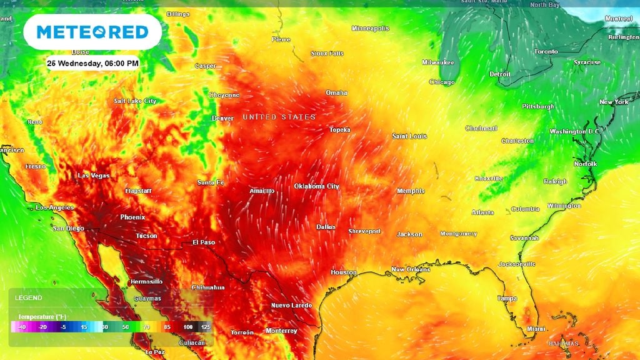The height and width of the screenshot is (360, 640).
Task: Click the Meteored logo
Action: [92, 32]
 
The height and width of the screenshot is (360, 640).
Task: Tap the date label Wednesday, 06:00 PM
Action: [92, 63]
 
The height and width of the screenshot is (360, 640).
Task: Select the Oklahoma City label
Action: [317, 186]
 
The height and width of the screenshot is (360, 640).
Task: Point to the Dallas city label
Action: [326, 227]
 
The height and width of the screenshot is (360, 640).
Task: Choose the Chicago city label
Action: [442, 82]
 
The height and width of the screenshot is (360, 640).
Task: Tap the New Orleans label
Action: [411, 269]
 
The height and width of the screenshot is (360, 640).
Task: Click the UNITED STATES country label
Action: [279, 117]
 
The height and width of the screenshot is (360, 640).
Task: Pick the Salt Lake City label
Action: [135, 101]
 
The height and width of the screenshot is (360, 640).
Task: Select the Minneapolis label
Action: [370, 29]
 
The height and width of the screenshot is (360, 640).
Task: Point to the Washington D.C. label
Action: [574, 131]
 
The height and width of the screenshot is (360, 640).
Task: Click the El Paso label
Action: [204, 242]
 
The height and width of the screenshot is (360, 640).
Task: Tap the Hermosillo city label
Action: [146, 282]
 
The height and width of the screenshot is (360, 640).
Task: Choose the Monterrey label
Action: [281, 331]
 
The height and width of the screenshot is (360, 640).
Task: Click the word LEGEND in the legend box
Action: [29, 298]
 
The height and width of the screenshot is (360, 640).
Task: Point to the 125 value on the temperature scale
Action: [206, 327]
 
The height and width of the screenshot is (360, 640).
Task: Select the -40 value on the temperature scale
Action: [22, 327]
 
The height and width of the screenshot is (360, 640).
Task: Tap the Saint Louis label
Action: [409, 136]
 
